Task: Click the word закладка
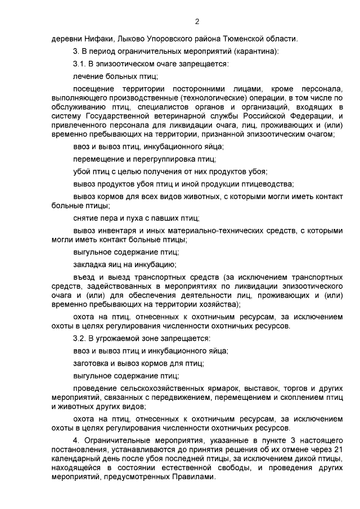point(89,264)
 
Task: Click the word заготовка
point(92,363)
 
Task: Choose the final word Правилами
point(195,476)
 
